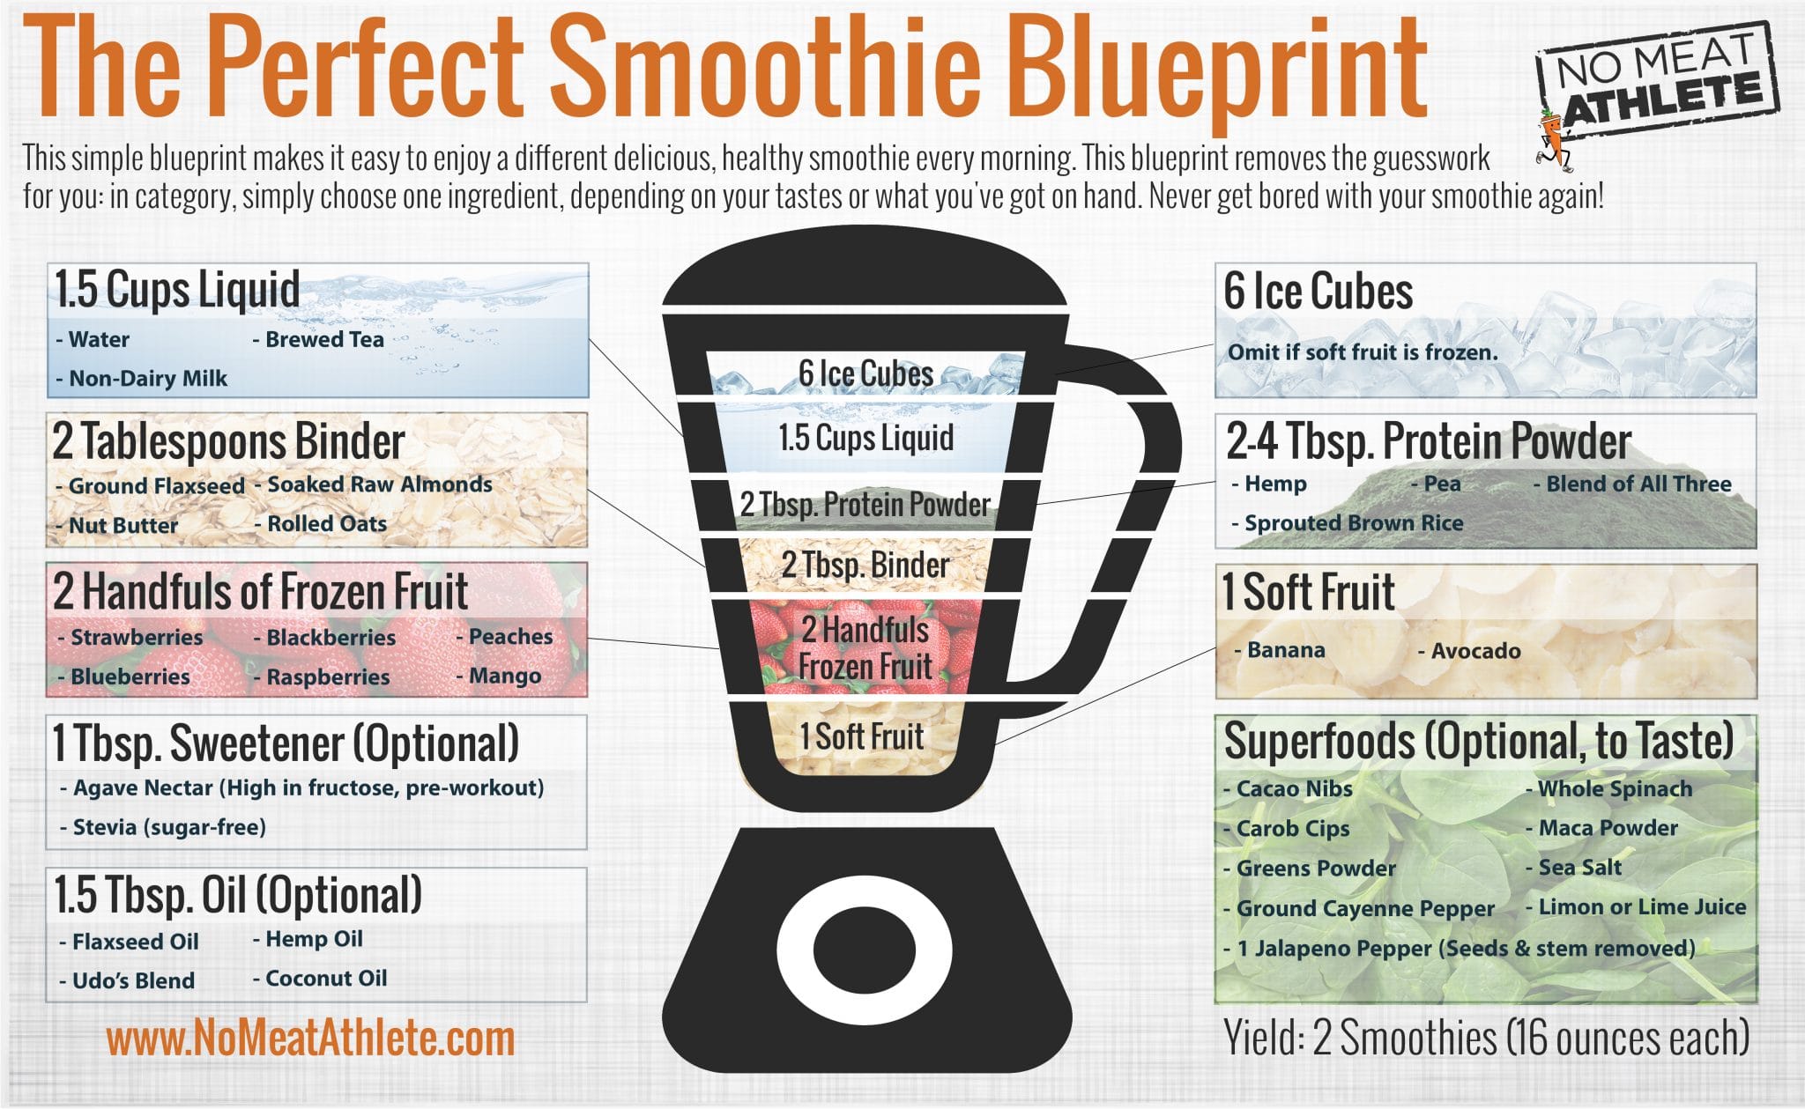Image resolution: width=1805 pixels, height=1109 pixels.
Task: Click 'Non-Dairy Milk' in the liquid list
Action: pyautogui.click(x=147, y=379)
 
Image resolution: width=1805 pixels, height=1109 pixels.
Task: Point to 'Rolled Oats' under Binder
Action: pyautogui.click(x=326, y=523)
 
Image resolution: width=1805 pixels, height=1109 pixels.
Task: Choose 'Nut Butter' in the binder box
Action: pyautogui.click(x=123, y=526)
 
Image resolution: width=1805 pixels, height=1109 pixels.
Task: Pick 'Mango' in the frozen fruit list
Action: pyautogui.click(x=504, y=676)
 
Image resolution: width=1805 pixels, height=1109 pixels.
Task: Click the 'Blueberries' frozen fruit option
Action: pyautogui.click(x=129, y=676)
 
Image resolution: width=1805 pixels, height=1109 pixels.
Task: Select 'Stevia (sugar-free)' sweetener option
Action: pyautogui.click(x=168, y=827)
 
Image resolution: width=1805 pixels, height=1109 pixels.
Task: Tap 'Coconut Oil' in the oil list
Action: pyautogui.click(x=325, y=978)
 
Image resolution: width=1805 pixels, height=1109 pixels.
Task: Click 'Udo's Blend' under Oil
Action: pyautogui.click(x=132, y=980)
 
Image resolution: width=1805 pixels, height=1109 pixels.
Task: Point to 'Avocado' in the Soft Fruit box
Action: pyautogui.click(x=1474, y=651)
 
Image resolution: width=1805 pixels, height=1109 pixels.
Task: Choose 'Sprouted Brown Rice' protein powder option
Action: pyautogui.click(x=1352, y=523)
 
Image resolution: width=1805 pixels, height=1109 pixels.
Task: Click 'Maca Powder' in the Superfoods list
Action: pyautogui.click(x=1607, y=828)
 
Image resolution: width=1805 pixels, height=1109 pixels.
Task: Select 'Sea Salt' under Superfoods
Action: pyautogui.click(x=1578, y=868)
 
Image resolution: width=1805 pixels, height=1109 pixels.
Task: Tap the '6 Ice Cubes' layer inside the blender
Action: pyautogui.click(x=865, y=373)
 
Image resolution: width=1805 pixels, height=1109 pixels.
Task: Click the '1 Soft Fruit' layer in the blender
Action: pyautogui.click(x=861, y=736)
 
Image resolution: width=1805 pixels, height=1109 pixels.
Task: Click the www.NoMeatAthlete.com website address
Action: pyautogui.click(x=310, y=1039)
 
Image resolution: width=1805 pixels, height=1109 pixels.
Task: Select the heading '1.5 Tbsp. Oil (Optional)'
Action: pyautogui.click(x=238, y=895)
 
